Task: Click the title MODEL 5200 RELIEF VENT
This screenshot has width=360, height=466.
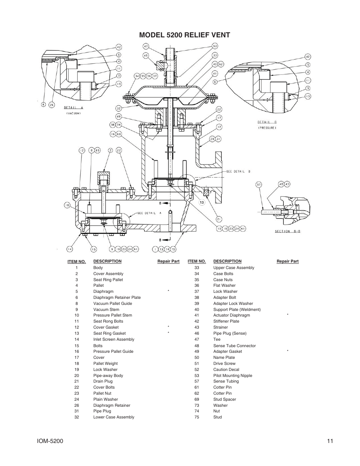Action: (x=184, y=35)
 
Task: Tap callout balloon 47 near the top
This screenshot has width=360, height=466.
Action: (x=146, y=46)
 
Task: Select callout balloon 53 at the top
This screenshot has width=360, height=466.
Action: (x=215, y=46)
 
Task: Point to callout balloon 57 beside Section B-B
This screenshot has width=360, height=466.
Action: (x=259, y=185)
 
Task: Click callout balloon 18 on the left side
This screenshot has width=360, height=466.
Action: (x=67, y=205)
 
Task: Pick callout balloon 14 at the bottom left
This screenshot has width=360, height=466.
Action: (x=70, y=249)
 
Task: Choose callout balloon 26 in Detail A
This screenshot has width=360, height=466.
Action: (x=52, y=105)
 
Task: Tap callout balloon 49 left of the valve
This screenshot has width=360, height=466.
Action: (x=118, y=117)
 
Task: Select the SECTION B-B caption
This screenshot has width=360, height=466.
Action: (x=288, y=231)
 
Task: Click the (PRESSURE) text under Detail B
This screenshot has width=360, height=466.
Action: (x=267, y=128)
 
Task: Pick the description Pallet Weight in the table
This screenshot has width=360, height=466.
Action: (x=105, y=363)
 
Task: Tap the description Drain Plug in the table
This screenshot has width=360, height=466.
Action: (x=103, y=381)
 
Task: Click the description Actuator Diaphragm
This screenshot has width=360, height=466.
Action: (x=231, y=315)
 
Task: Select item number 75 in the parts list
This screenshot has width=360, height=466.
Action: (x=197, y=417)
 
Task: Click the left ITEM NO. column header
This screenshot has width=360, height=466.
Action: (x=77, y=261)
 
